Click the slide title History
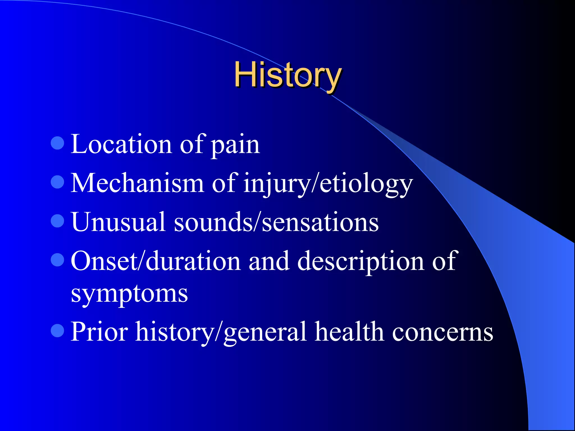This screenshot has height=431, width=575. [287, 75]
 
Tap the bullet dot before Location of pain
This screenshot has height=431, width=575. [58, 143]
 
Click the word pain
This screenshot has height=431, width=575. [235, 146]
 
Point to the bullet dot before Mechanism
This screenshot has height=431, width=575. [58, 182]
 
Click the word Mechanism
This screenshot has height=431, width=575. [137, 183]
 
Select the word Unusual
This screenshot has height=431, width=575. [118, 222]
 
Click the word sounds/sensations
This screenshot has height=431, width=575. [276, 223]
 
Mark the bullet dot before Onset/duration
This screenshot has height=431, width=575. [58, 260]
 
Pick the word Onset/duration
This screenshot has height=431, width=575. [156, 261]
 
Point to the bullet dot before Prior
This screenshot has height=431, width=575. [58, 331]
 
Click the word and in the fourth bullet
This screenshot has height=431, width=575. [269, 261]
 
